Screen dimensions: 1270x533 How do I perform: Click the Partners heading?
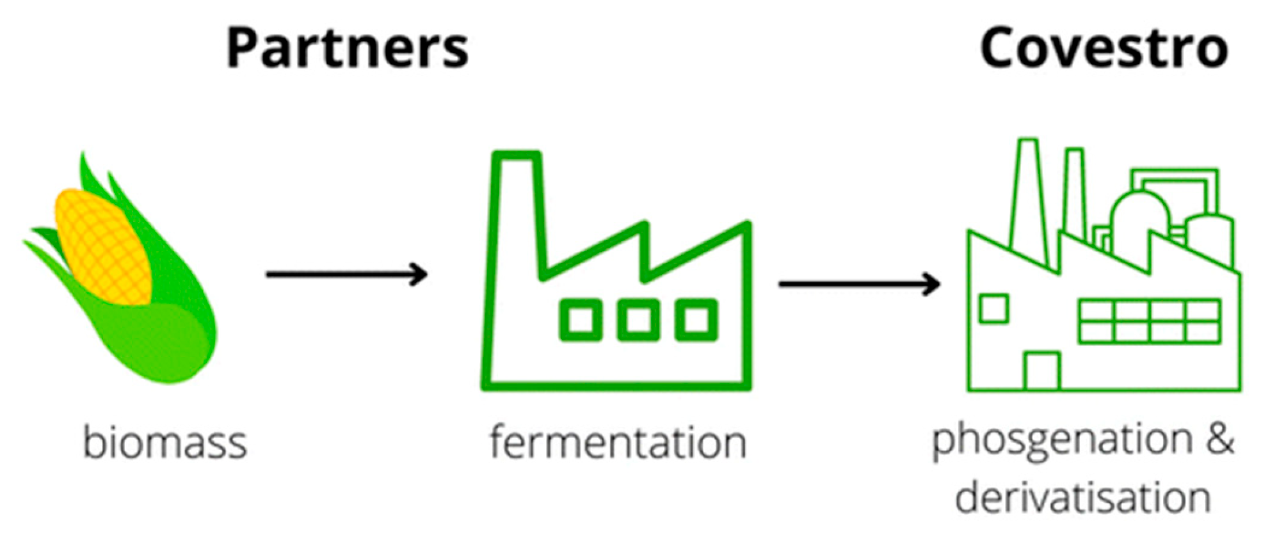tap(348, 48)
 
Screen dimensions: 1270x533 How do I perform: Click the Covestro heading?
tap(1104, 48)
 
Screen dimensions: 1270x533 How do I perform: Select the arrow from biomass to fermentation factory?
tap(346, 274)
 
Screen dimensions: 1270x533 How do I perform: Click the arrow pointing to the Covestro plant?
tap(858, 283)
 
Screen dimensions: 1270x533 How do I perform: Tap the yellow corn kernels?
tap(102, 246)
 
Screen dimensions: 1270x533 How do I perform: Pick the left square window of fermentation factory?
tap(581, 319)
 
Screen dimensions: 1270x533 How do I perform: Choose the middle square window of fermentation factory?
tap(638, 319)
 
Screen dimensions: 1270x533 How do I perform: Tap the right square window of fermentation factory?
tap(696, 319)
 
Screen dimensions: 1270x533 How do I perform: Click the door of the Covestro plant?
tap(1041, 371)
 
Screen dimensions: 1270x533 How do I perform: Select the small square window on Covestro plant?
tap(993, 308)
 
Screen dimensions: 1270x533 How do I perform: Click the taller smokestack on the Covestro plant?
tap(1028, 198)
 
